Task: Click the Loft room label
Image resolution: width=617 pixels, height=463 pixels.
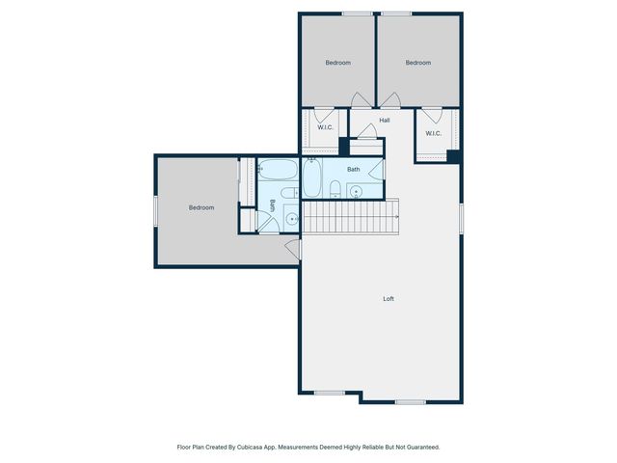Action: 389,299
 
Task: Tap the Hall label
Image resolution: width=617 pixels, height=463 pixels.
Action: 385,121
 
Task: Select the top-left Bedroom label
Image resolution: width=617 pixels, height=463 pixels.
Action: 337,63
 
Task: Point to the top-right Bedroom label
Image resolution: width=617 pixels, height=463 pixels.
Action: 417,63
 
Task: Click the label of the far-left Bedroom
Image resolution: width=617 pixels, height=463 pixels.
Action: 201,207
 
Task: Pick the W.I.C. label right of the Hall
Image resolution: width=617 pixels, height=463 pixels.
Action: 433,133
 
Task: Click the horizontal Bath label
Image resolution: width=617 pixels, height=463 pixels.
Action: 354,170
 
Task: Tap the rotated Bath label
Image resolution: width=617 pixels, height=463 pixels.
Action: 273,205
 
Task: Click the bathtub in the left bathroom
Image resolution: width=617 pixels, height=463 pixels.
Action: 279,171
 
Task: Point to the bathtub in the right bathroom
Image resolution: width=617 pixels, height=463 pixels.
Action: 313,178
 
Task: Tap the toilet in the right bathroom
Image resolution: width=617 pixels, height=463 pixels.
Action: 334,187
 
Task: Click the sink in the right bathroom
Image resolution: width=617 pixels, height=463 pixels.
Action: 355,190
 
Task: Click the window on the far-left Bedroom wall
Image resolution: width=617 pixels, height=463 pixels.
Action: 155,211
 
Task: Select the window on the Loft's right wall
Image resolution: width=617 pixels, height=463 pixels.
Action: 462,218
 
